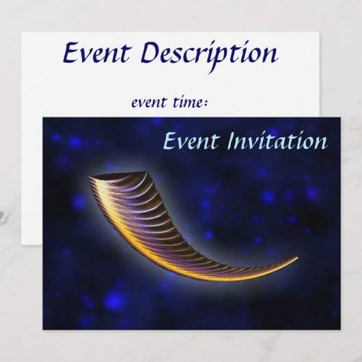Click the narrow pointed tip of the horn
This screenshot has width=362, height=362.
coord(297,258)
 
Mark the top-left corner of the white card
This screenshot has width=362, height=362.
coord(21,32)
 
